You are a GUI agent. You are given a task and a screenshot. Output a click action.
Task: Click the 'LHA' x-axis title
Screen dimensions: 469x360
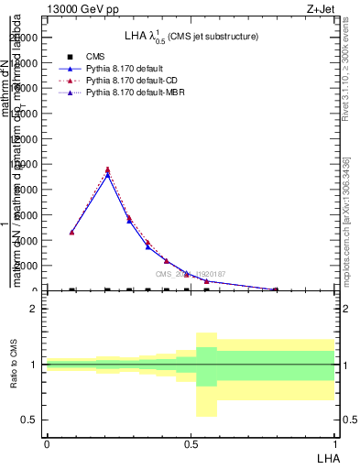click(x=327, y=456)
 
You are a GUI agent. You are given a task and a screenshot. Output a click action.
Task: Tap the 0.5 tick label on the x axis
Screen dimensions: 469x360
click(x=191, y=442)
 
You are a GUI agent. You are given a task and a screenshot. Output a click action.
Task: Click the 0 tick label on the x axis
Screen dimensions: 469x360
click(x=47, y=442)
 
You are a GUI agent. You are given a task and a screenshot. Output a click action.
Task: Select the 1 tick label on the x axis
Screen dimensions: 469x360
click(x=334, y=442)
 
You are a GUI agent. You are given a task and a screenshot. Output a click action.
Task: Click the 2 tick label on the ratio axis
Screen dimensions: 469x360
click(x=34, y=309)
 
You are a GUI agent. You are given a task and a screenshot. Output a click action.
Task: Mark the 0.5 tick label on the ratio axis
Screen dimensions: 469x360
click(x=29, y=420)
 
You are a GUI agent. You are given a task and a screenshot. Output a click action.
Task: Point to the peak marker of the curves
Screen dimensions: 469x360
click(x=108, y=170)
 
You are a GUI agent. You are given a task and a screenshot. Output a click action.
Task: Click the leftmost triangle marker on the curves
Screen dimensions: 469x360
click(x=71, y=233)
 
